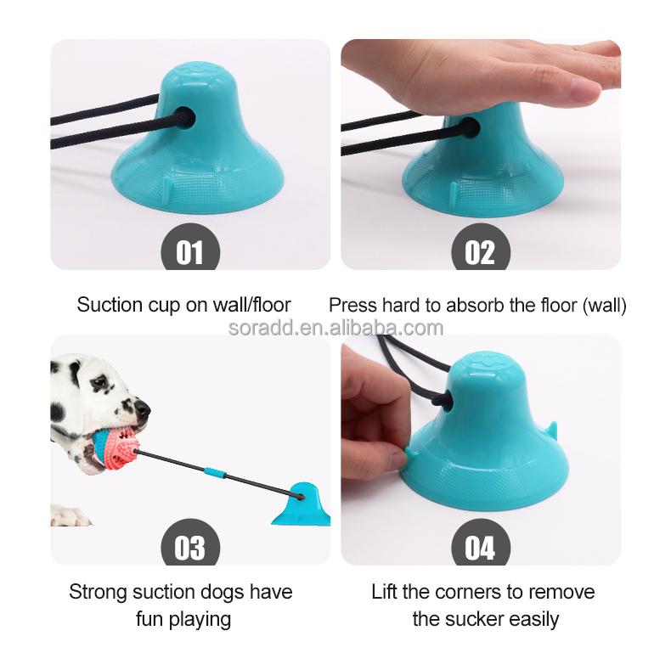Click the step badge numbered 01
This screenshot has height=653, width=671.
pyautogui.click(x=190, y=251)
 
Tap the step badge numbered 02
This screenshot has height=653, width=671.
pyautogui.click(x=480, y=251)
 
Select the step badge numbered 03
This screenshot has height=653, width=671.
pyautogui.click(x=190, y=547)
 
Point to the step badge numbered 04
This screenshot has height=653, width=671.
pyautogui.click(x=480, y=547)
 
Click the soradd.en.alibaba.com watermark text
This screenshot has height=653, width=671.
pyautogui.click(x=335, y=328)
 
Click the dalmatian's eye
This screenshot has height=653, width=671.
pyautogui.click(x=99, y=384)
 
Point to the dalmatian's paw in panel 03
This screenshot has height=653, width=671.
pyautogui.click(x=73, y=516)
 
